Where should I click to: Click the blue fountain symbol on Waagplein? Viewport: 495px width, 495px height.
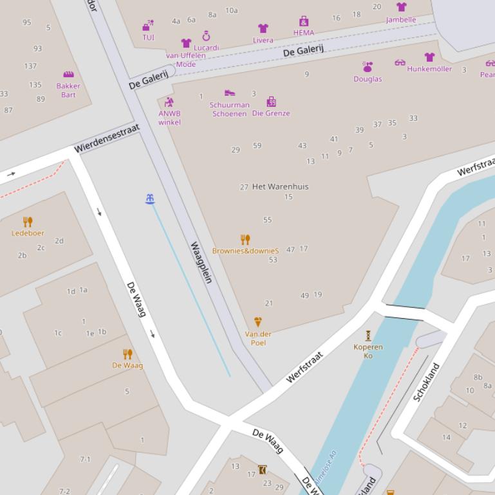tap(150, 199)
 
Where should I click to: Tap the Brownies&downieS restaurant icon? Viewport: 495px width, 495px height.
tap(245, 240)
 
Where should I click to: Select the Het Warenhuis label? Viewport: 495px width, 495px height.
tap(280, 186)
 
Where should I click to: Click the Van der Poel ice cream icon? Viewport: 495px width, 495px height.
tap(258, 322)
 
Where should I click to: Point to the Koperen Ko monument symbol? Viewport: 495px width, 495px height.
tap(368, 335)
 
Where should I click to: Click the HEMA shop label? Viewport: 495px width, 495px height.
tap(304, 33)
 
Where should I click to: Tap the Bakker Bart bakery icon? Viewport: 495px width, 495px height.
tap(68, 75)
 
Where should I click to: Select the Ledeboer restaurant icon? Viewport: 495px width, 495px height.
tap(28, 222)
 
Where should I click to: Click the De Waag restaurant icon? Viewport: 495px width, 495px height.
tap(127, 354)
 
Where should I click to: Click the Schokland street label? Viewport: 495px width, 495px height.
tap(426, 383)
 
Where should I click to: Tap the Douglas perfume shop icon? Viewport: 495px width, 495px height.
tap(368, 67)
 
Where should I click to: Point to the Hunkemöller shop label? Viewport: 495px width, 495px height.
tap(429, 69)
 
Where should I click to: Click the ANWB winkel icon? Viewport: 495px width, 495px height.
tap(169, 102)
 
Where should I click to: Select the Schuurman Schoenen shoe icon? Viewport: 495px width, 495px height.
tap(229, 93)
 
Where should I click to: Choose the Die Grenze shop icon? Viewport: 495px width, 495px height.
tap(271, 102)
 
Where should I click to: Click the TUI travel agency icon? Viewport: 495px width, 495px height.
tap(148, 26)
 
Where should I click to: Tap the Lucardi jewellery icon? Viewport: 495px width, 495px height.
tap(207, 36)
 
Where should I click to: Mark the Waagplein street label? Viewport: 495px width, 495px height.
tap(201, 262)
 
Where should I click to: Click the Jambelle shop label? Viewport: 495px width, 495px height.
tap(401, 19)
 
